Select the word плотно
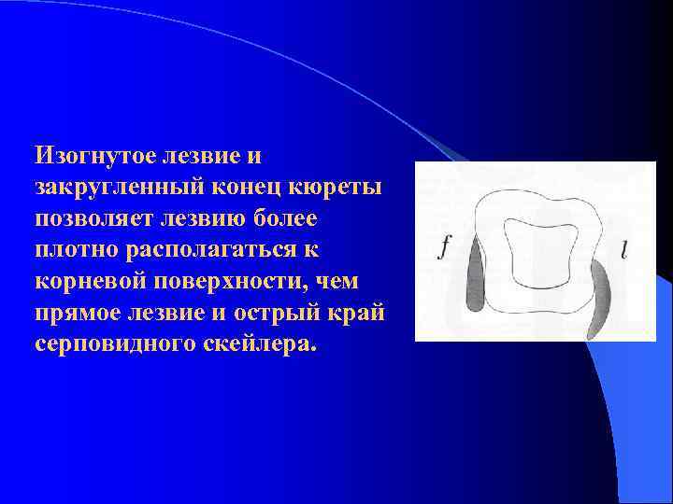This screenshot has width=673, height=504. point(76,249)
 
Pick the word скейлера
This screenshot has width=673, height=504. point(259,344)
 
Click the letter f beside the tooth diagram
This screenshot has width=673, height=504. point(445,248)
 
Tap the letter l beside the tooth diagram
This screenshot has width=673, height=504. point(623,248)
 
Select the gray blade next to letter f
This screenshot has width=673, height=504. point(474,276)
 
